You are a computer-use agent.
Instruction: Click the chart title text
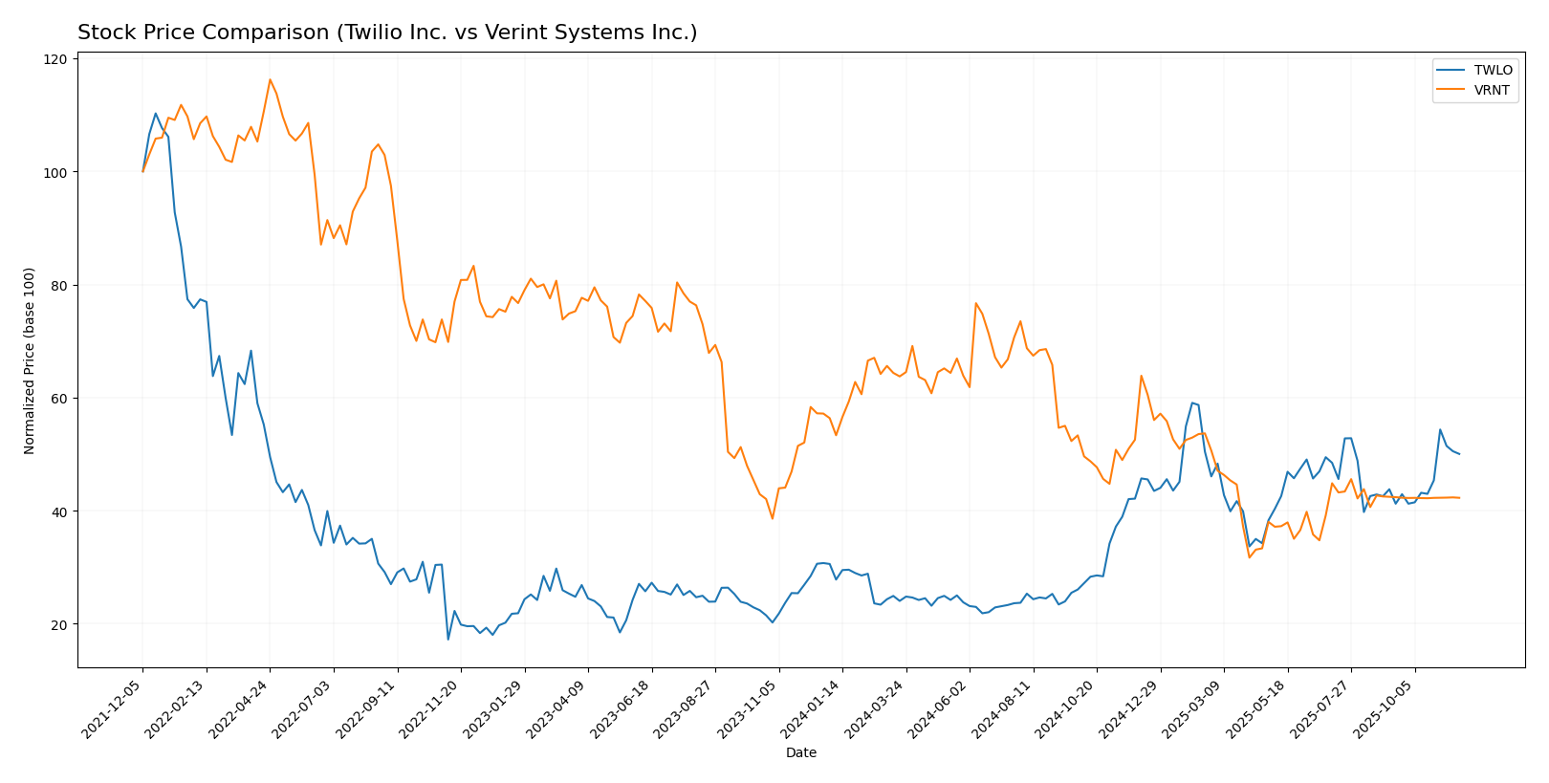(387, 33)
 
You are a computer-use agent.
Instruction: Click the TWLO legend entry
(1493, 71)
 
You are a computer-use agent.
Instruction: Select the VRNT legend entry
(1492, 91)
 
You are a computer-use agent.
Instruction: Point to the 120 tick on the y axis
(56, 59)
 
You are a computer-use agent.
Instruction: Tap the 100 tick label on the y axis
(56, 172)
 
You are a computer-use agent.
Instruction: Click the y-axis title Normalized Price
(30, 360)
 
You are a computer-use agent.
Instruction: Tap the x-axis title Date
(800, 752)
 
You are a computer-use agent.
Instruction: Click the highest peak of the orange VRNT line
(270, 79)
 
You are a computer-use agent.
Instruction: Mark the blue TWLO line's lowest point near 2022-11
(447, 639)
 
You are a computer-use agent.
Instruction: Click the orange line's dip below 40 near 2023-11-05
(773, 518)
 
